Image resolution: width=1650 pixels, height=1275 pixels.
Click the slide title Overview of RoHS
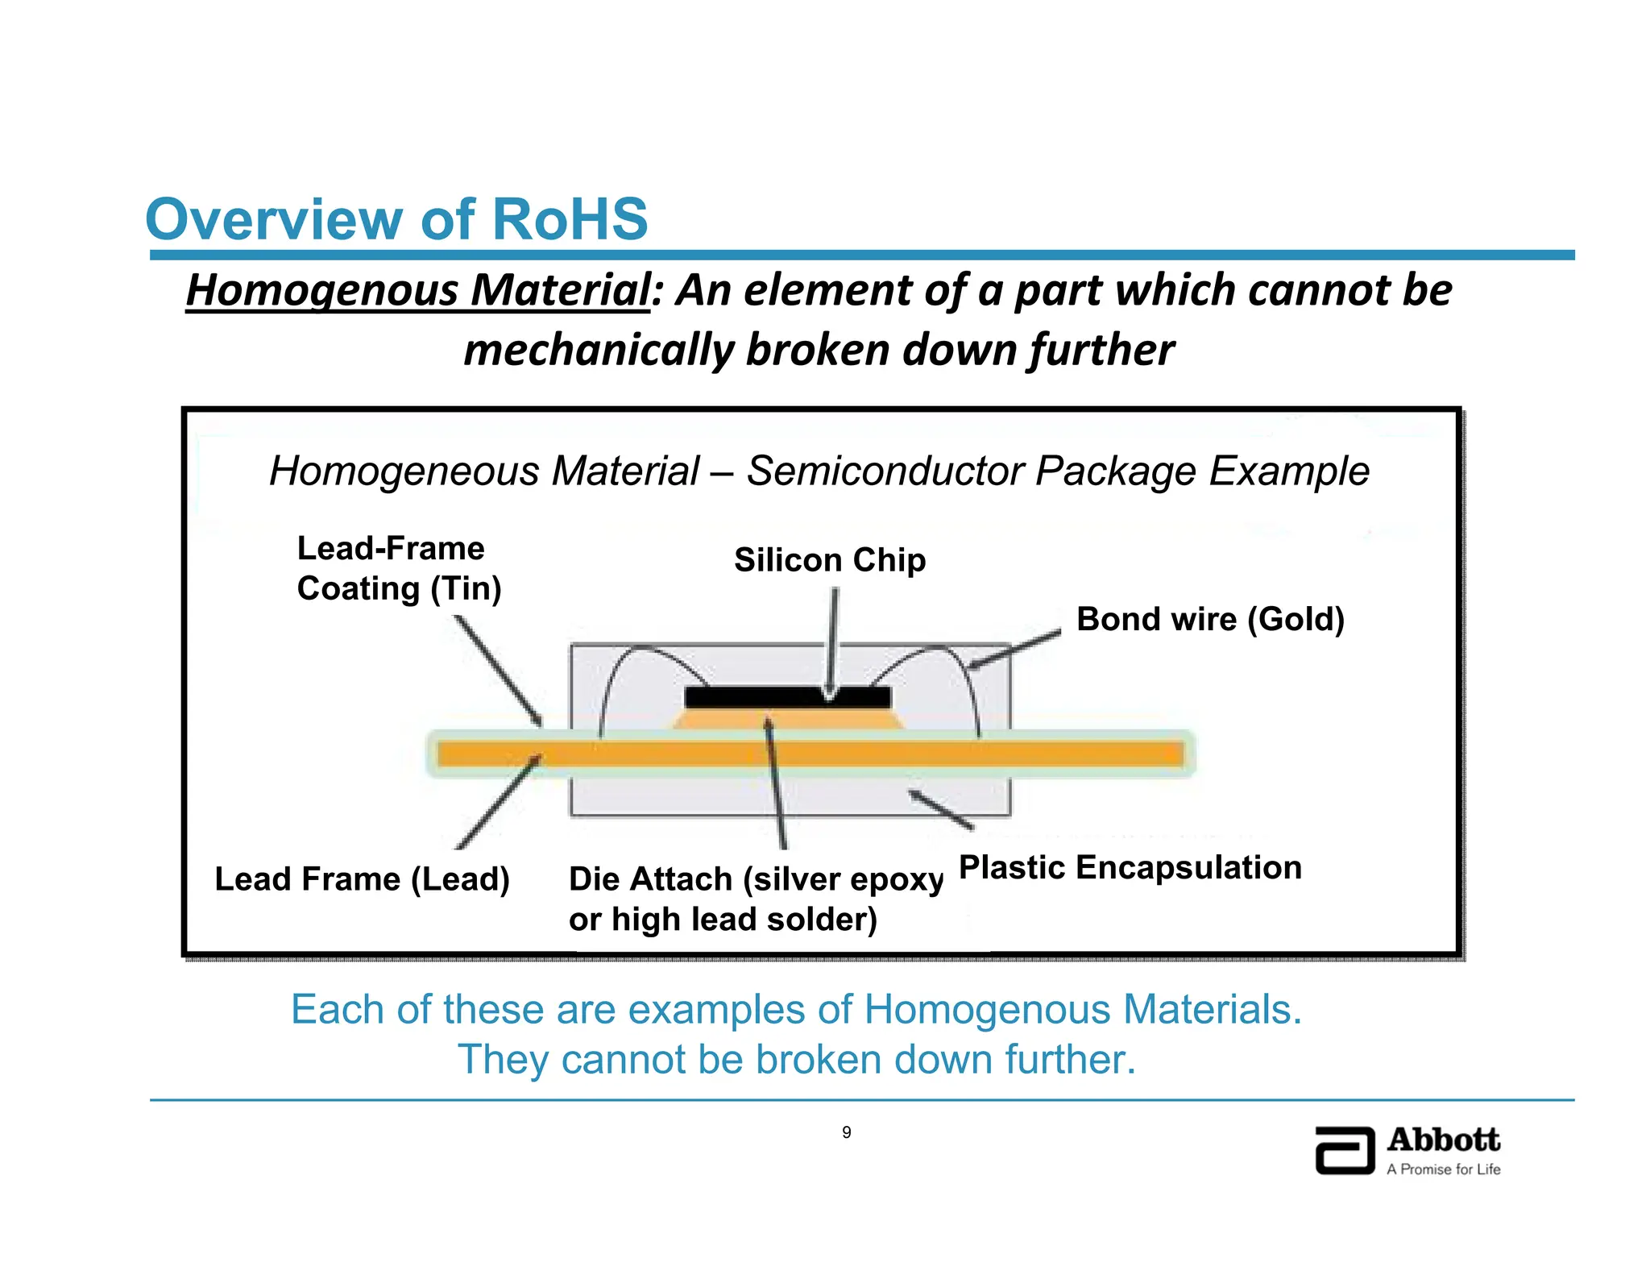[396, 219]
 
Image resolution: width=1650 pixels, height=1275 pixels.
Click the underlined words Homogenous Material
[417, 290]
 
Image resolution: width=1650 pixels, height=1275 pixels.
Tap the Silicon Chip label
[830, 560]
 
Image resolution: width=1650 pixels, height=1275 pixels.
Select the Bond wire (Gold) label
[1210, 619]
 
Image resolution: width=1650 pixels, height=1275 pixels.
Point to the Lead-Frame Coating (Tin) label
[399, 568]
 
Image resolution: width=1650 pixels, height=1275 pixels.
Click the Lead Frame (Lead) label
[362, 878]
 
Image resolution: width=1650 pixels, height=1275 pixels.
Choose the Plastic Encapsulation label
[1130, 867]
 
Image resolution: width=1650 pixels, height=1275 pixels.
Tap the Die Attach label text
[755, 898]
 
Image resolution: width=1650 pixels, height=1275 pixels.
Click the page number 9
[846, 1132]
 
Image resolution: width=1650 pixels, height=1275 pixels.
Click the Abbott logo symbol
[1344, 1150]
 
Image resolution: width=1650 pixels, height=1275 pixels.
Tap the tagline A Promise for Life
[1443, 1169]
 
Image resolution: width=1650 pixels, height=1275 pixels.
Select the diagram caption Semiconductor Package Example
[819, 471]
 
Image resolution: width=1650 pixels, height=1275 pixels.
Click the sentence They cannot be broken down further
[796, 1059]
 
